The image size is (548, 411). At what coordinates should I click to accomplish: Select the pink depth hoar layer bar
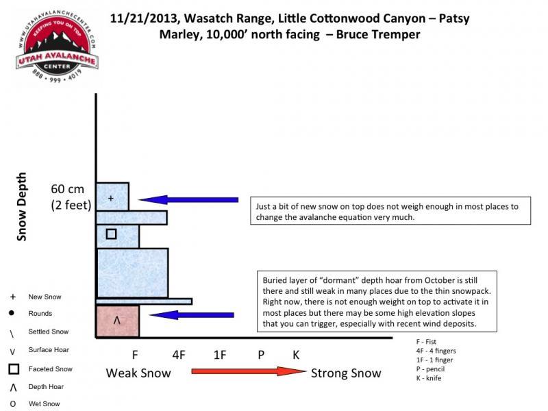[118, 321]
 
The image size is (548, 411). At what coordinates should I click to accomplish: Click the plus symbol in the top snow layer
[111, 198]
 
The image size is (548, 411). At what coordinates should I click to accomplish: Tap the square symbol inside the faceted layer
[111, 234]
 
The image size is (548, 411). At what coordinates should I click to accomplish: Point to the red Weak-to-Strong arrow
[249, 371]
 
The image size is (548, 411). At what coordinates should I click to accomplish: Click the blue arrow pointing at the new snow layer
[188, 200]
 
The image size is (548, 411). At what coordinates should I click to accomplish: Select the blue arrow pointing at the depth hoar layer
[192, 315]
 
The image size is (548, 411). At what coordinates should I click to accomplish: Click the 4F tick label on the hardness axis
[179, 355]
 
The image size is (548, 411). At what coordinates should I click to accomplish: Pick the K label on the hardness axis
[296, 355]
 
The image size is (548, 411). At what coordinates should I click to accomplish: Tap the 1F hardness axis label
[220, 355]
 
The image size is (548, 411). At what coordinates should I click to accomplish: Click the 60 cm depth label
[67, 189]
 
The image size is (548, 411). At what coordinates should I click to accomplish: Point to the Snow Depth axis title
[22, 207]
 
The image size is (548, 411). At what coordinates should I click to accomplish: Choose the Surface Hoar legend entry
[49, 350]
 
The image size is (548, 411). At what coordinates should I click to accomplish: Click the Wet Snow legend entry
[44, 403]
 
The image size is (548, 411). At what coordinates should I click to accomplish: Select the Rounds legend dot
[12, 313]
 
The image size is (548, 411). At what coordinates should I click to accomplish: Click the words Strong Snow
[346, 373]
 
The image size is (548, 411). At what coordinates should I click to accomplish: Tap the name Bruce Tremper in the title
[378, 35]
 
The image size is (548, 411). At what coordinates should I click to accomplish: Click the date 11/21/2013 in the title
[145, 18]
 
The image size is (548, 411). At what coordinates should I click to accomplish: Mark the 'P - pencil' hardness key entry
[430, 369]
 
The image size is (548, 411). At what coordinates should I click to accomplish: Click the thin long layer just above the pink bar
[145, 301]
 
